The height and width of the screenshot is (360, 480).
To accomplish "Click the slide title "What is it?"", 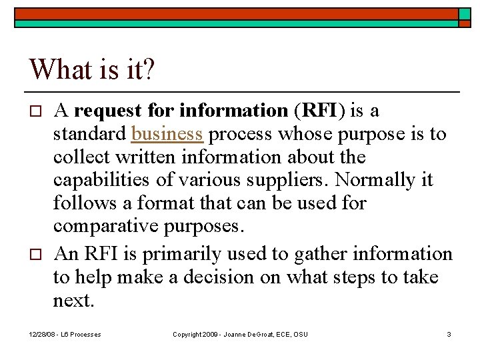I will click(91, 69).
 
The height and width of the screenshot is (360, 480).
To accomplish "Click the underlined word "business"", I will click(167, 133).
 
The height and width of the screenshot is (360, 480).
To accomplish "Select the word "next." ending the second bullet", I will click(74, 301).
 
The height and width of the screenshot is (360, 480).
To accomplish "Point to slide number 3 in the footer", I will click(449, 334).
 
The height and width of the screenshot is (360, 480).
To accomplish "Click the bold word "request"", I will click(107, 110).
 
